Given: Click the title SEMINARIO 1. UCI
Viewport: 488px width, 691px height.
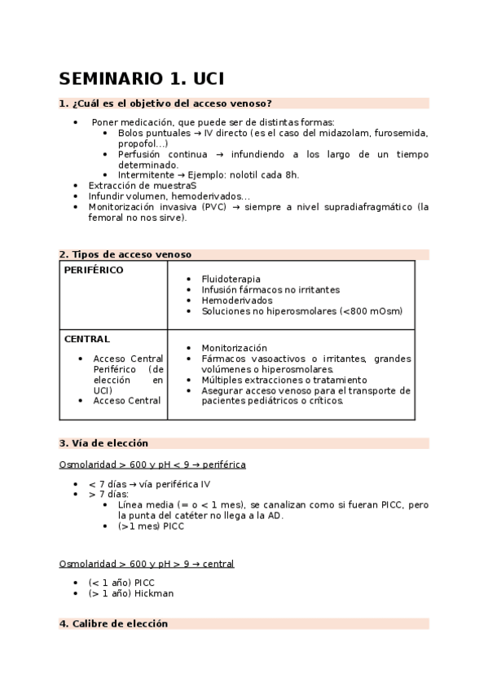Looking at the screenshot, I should [x=141, y=79].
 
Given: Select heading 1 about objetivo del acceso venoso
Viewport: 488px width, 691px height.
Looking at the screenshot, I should [x=165, y=103].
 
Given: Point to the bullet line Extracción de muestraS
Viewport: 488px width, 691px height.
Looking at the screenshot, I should [x=142, y=186].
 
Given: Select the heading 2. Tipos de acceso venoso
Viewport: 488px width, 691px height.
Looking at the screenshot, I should [x=125, y=254].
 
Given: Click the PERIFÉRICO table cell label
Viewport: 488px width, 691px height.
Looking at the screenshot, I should [x=94, y=271].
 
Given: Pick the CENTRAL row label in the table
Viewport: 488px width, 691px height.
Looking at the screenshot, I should [x=86, y=339].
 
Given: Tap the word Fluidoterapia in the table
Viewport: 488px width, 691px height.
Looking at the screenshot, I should [x=231, y=279].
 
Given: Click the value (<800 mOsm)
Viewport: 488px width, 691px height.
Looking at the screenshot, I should [x=369, y=310].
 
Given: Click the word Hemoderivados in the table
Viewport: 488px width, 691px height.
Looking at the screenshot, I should [x=237, y=300].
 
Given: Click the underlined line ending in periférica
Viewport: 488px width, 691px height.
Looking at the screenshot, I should [x=152, y=464].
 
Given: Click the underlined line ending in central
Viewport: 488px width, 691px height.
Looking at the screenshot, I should [x=147, y=563].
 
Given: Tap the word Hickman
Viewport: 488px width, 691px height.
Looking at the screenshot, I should [x=154, y=593].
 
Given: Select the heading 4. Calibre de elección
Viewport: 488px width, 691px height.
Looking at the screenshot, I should [x=113, y=623].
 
